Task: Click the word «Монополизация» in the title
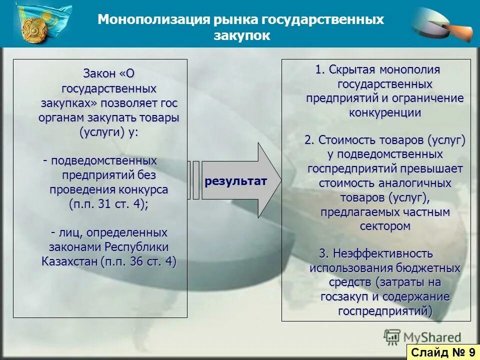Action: pyautogui.click(x=153, y=19)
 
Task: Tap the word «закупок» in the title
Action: pyautogui.click(x=242, y=35)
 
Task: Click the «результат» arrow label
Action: pyautogui.click(x=235, y=180)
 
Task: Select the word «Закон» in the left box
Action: pyautogui.click(x=99, y=74)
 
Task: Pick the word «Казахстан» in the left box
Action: pyautogui.click(x=69, y=261)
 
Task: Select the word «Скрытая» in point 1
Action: pyautogui.click(x=352, y=69)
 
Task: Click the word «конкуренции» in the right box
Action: pyautogui.click(x=384, y=112)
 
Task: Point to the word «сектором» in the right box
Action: pyautogui.click(x=384, y=226)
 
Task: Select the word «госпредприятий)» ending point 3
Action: pyautogui.click(x=384, y=311)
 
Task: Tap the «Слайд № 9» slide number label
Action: pyautogui.click(x=443, y=352)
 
